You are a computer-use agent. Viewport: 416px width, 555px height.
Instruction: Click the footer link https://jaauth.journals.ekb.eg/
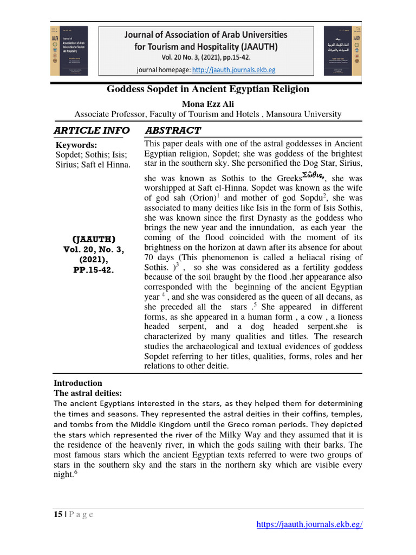309,524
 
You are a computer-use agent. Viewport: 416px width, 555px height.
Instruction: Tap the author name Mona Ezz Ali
208,104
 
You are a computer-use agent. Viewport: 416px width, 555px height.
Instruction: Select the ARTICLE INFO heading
92,131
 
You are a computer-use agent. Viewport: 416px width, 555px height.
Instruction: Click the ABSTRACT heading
173,131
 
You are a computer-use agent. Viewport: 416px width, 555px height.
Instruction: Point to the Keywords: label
77,145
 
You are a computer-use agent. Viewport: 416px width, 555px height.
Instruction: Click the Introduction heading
78,383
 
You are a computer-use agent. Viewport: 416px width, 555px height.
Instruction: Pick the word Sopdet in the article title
157,89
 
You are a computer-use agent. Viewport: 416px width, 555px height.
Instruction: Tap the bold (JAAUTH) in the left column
94,239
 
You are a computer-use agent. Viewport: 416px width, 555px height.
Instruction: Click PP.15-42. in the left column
94,269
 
